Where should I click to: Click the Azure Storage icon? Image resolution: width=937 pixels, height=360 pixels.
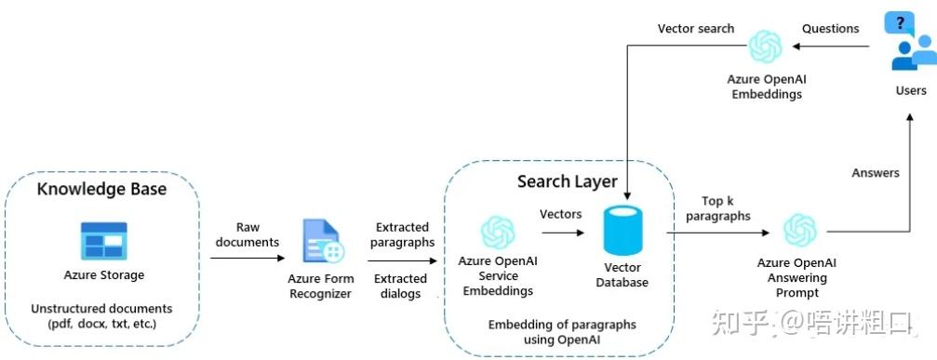(103, 240)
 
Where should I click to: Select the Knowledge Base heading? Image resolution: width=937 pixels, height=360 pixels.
(101, 190)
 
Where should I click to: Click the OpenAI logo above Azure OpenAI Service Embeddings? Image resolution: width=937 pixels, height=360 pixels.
(497, 232)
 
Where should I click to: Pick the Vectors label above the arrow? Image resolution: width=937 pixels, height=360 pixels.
(560, 214)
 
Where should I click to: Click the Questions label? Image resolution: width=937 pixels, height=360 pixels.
(830, 28)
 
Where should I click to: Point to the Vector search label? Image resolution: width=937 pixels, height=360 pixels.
(695, 28)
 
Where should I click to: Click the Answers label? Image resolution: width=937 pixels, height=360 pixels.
(875, 172)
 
